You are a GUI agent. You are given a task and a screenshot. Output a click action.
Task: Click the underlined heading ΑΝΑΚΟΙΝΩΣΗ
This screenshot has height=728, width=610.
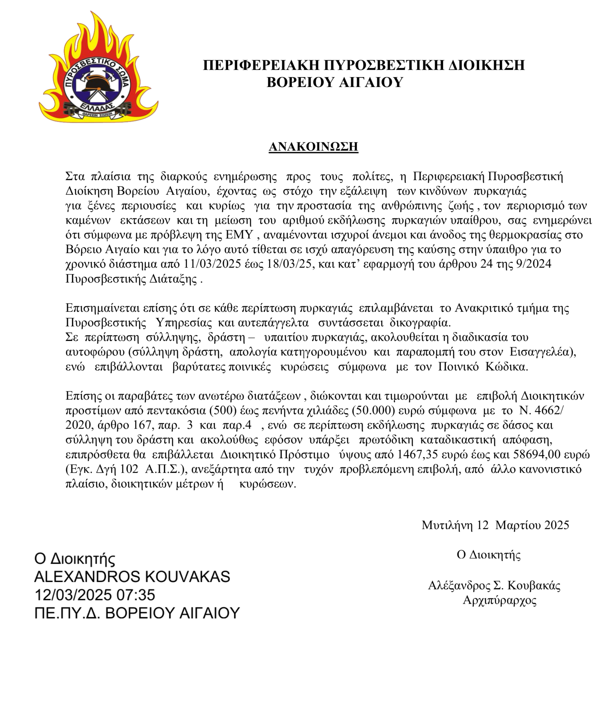pos(313,147)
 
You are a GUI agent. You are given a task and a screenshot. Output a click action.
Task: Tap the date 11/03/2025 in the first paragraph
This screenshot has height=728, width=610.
pos(212,264)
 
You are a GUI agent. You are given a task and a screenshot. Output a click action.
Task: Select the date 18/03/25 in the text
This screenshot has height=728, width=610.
pos(290,264)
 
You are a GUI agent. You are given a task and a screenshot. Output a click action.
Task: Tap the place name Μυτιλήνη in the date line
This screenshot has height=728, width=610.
pos(447,525)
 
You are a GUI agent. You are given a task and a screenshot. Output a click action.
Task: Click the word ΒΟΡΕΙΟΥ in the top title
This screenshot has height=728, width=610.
pos(300,83)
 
